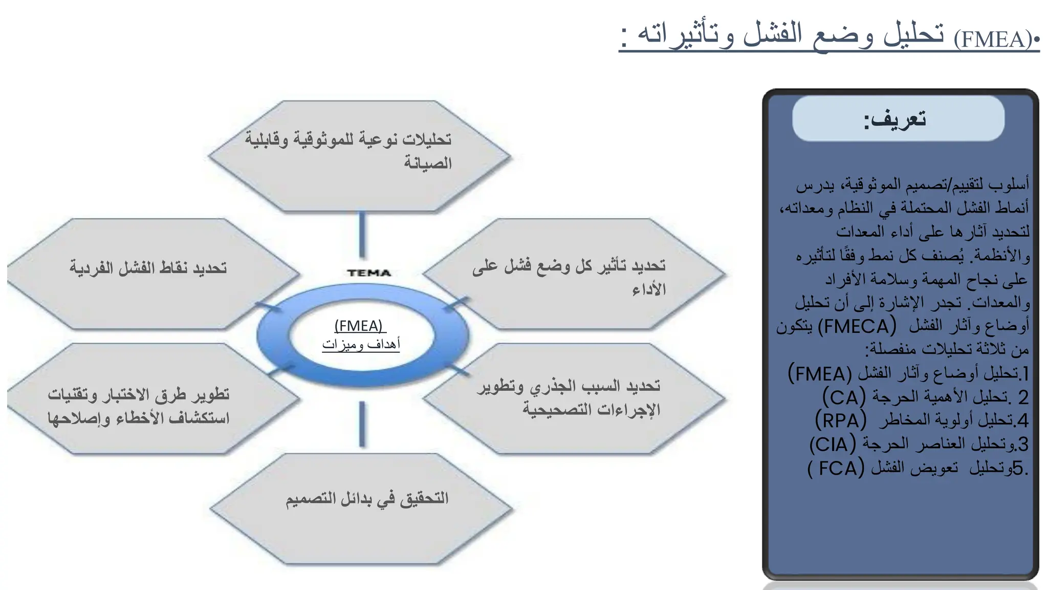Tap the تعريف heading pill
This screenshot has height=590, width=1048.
point(898,118)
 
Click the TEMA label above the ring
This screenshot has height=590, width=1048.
point(369,273)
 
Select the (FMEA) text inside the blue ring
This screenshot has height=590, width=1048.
point(359,326)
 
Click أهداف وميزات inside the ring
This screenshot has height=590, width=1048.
point(361,344)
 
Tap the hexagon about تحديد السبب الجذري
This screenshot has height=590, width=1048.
point(573,398)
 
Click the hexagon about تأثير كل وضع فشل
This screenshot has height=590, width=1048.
point(573,273)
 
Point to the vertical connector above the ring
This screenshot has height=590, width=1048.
point(362,235)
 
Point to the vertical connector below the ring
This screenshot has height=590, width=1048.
point(362,424)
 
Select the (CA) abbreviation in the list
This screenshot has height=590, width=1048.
point(844,397)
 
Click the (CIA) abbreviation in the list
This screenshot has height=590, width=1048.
point(833,444)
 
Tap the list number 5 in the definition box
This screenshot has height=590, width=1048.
point(1017,468)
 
